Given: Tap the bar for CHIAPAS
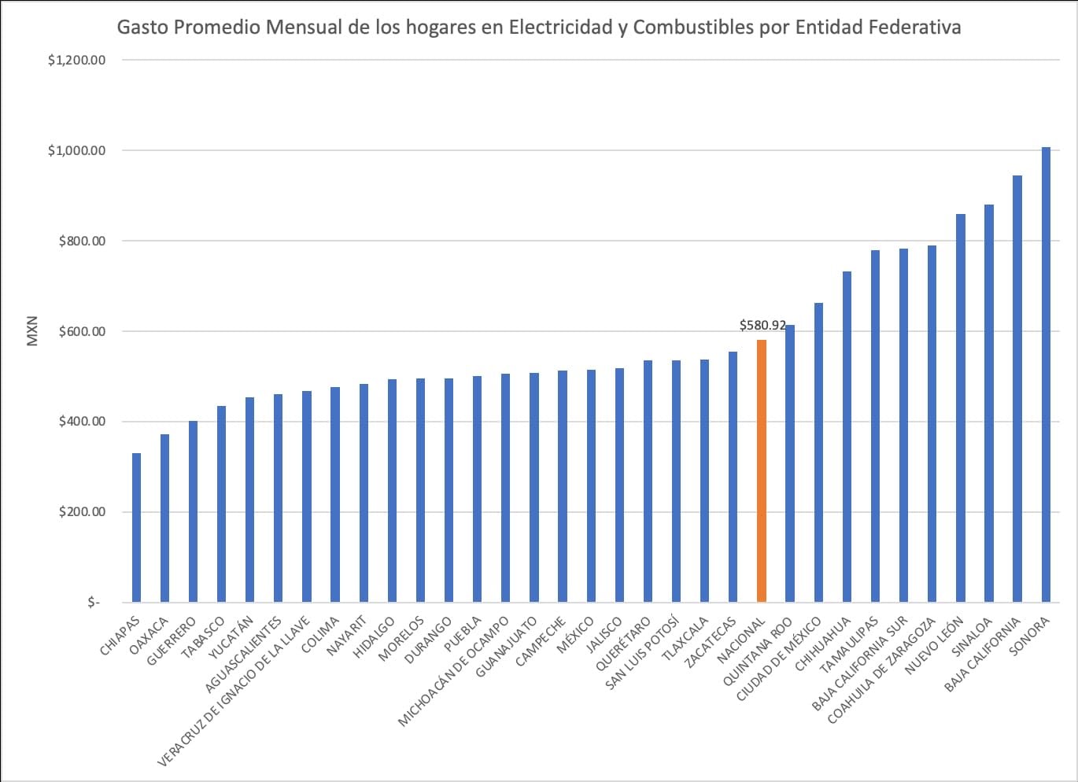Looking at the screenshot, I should (x=136, y=527).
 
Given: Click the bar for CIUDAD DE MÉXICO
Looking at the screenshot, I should (x=818, y=452).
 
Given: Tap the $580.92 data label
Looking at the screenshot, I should (x=762, y=325).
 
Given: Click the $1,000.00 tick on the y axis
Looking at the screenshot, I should (x=76, y=150).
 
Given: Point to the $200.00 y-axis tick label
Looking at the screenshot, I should (x=82, y=511).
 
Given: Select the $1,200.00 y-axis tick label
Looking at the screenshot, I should (x=76, y=60).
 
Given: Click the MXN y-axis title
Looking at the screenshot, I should (x=32, y=331).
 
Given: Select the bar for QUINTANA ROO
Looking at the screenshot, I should (x=790, y=463).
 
